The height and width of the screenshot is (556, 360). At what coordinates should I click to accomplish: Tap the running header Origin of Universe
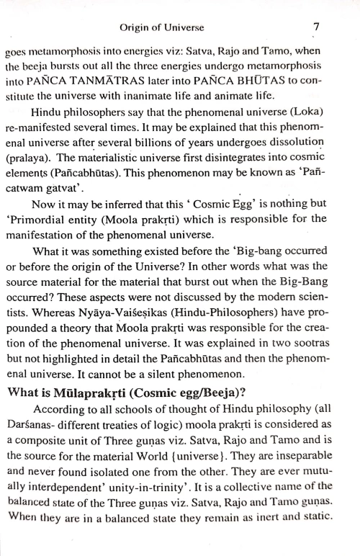tap(161, 28)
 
